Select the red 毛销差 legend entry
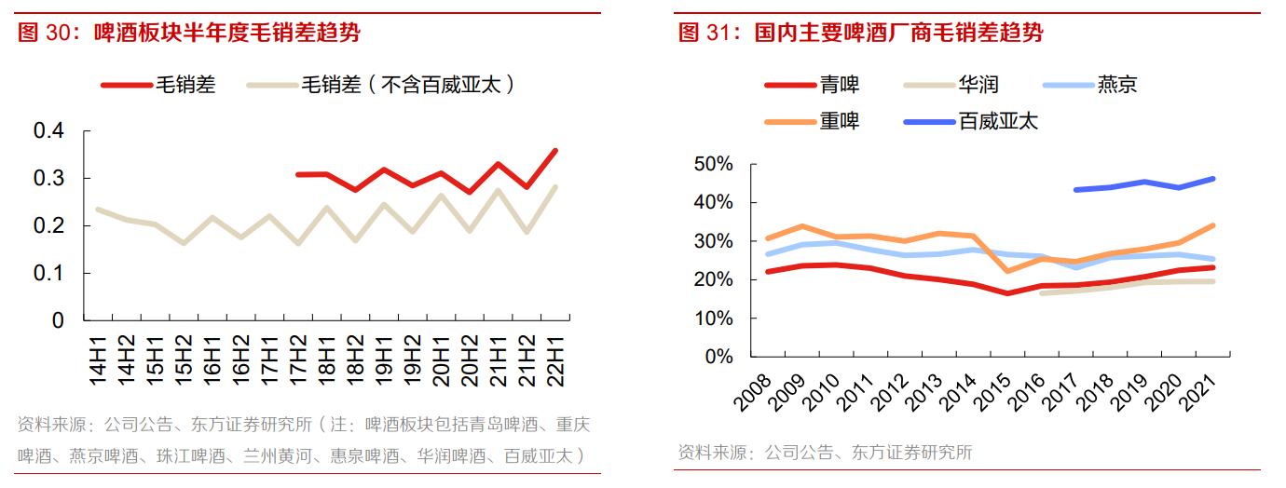coord(158,85)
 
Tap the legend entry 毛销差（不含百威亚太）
coord(381,85)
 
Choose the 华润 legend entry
coord(951,85)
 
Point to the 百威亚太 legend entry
coord(970,121)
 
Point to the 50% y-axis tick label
coord(714,164)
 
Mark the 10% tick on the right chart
coord(714,319)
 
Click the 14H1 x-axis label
coord(98,357)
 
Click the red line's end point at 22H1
coord(556,150)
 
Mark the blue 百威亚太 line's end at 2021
coord(1213,178)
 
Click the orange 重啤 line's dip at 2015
coord(1006,271)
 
